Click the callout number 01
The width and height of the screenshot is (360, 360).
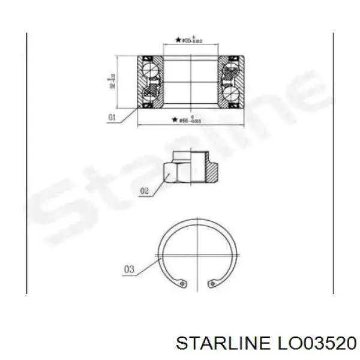112,118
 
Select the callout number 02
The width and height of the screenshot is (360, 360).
143,192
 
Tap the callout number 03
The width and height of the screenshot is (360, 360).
129,269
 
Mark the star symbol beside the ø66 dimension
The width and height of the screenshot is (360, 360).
173,121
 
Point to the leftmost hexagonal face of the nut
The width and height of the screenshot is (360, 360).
169,173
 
